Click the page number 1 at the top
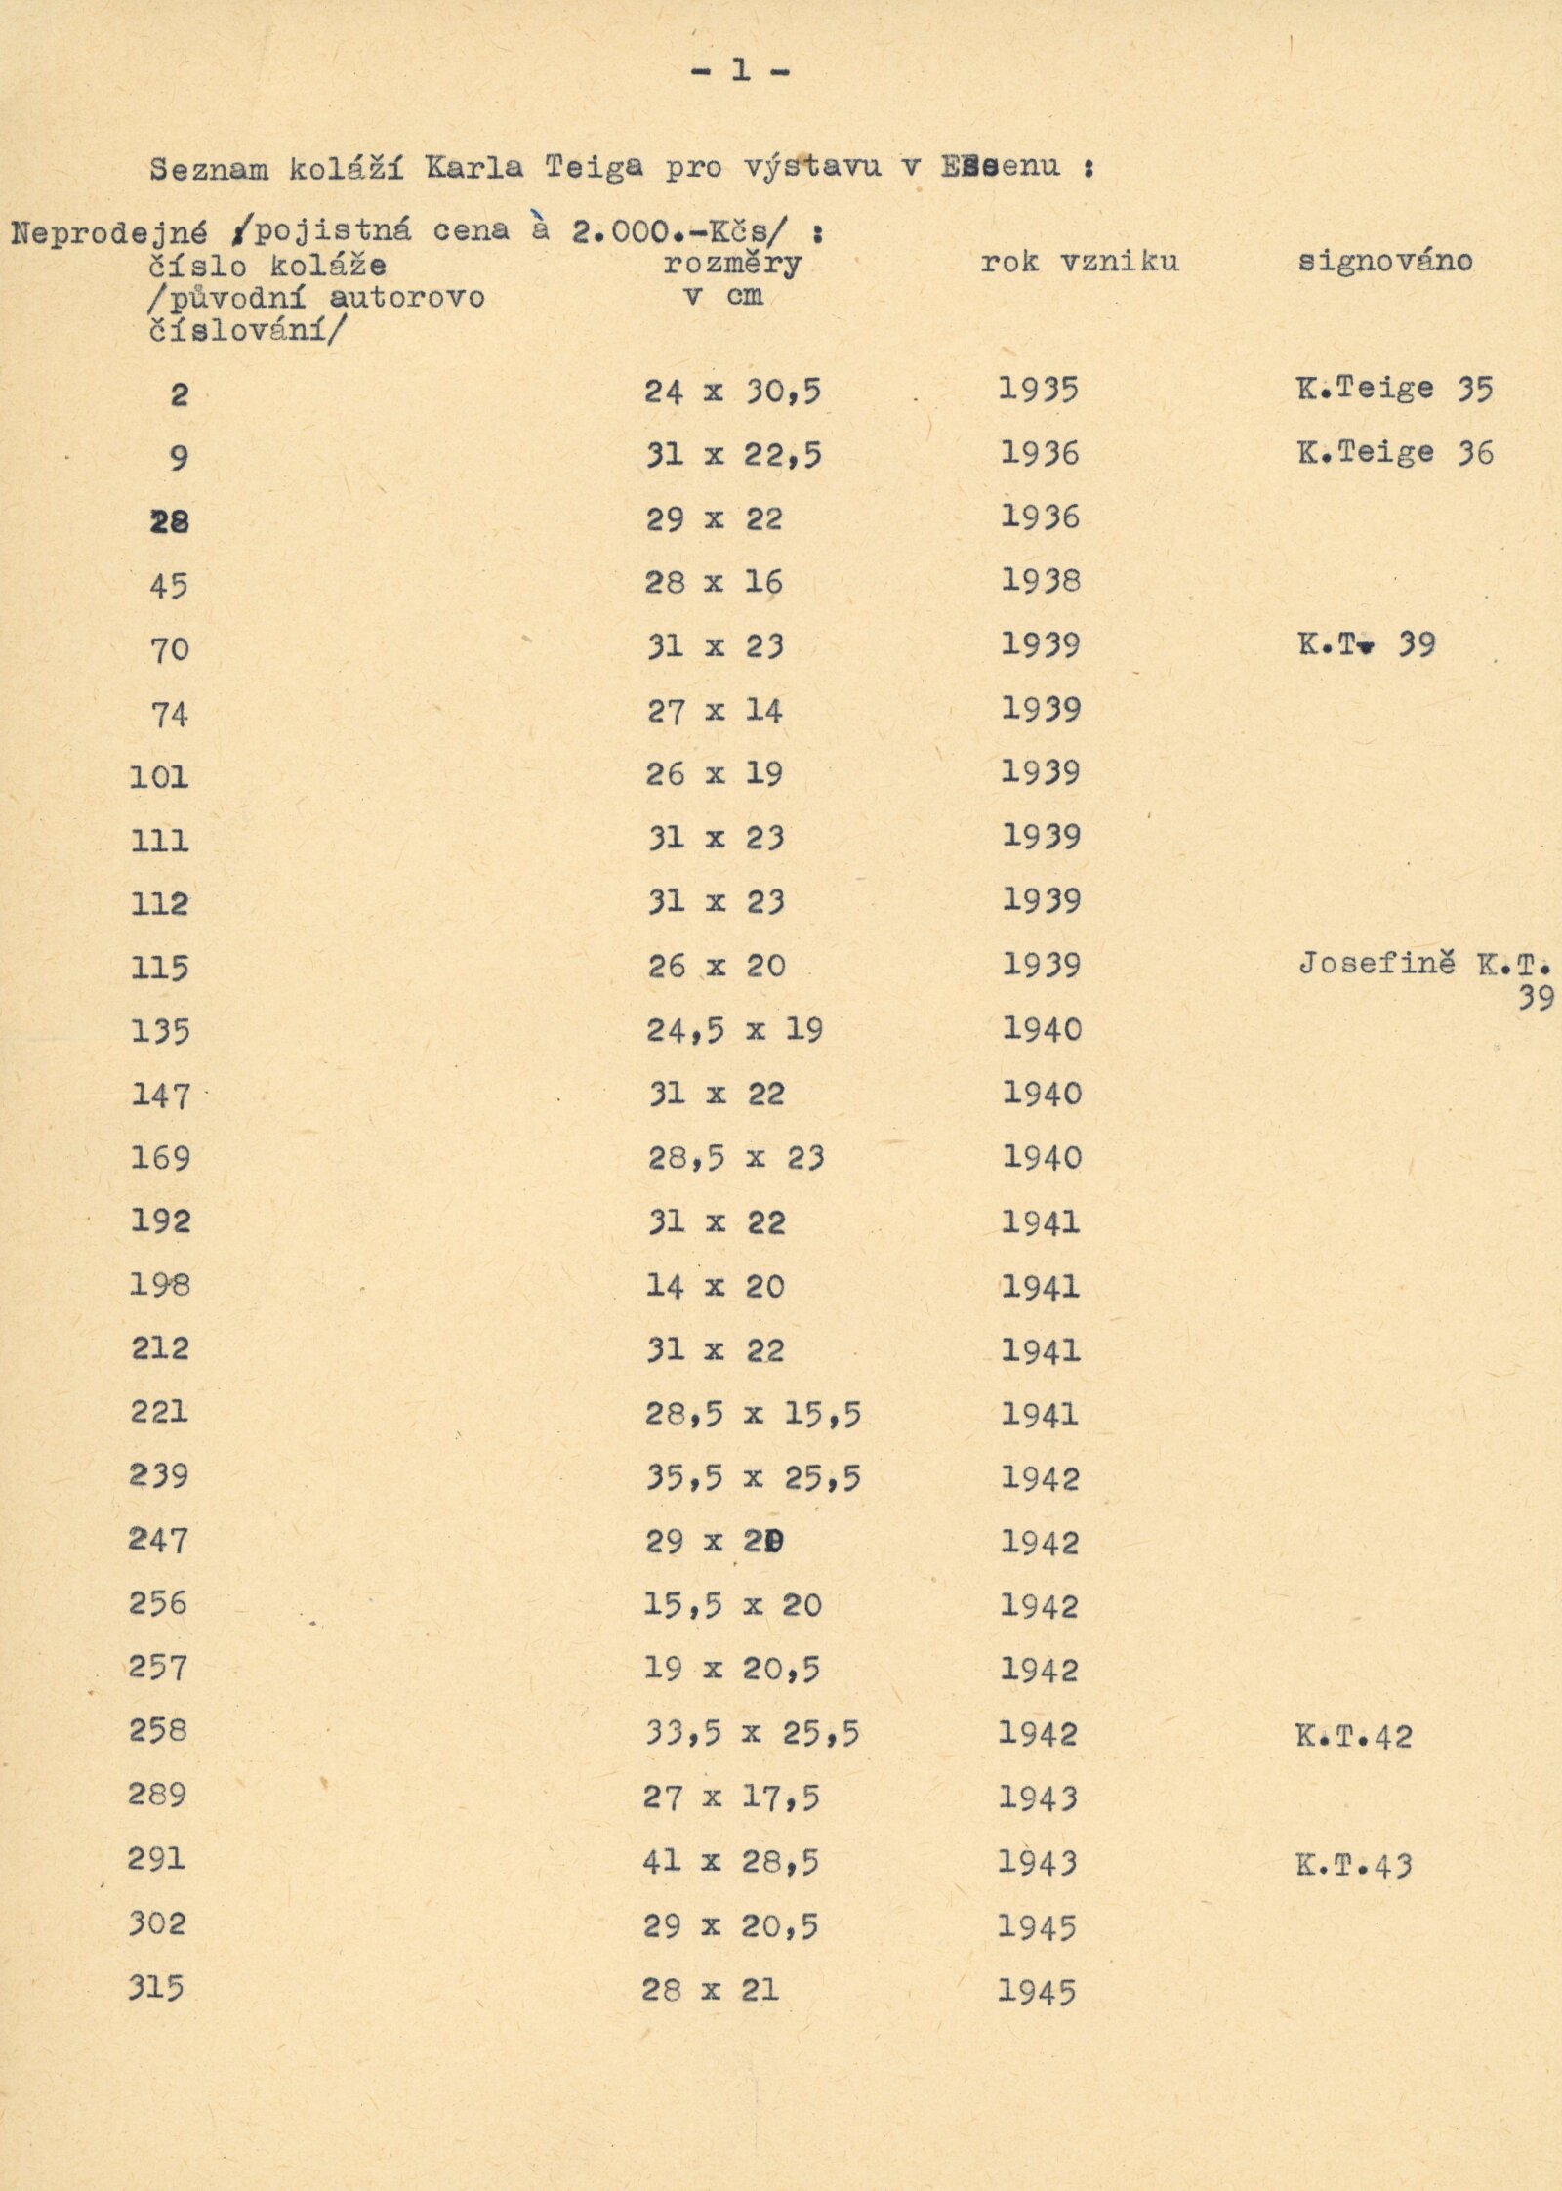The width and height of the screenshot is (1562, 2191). (741, 70)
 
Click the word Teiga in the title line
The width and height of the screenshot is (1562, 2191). (594, 167)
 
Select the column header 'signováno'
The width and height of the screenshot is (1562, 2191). (1384, 261)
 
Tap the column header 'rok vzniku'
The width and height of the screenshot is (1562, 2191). (1080, 262)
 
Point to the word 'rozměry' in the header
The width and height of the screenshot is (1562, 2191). (732, 264)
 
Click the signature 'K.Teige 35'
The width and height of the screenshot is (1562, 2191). (1394, 389)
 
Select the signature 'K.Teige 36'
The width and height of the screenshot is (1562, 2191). (1394, 453)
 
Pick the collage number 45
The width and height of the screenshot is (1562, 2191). (168, 586)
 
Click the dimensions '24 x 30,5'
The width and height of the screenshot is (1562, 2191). (732, 392)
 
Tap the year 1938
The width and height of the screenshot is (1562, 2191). (1041, 581)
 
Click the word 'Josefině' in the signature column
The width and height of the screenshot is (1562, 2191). (1377, 964)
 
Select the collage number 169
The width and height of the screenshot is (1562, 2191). (160, 1158)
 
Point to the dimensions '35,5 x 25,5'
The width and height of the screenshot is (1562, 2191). (752, 1478)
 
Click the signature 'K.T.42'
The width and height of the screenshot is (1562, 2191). (1353, 1736)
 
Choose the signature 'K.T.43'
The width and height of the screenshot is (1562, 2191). (1353, 1865)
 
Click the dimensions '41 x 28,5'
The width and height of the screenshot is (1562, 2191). (730, 1862)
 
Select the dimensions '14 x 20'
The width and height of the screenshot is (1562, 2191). (715, 1287)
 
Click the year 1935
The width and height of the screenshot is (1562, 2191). (1039, 390)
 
